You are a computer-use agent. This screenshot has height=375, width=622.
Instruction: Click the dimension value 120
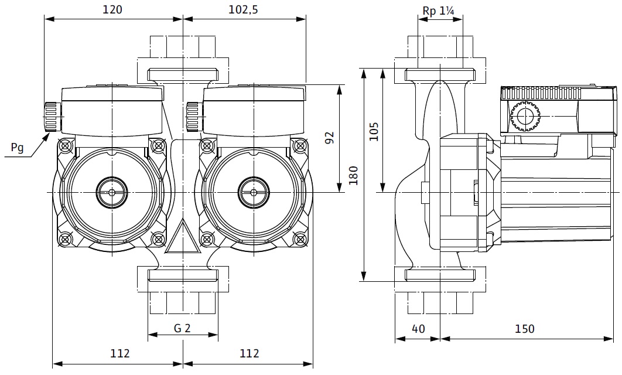(112, 9)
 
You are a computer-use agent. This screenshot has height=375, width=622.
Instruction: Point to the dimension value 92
(329, 138)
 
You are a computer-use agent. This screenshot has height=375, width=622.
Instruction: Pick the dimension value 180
(353, 175)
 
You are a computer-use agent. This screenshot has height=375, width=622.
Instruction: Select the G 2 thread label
(182, 328)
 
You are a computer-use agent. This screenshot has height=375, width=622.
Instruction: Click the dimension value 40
(418, 329)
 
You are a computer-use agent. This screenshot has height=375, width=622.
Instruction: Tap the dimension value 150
(524, 329)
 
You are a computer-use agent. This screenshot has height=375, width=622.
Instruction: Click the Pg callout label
(18, 148)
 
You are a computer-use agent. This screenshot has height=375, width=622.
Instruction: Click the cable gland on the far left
(51, 117)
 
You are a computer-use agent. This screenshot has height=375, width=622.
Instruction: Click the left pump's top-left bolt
(65, 145)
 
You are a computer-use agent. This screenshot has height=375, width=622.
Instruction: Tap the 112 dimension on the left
(119, 353)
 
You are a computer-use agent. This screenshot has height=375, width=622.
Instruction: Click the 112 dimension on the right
(249, 353)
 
